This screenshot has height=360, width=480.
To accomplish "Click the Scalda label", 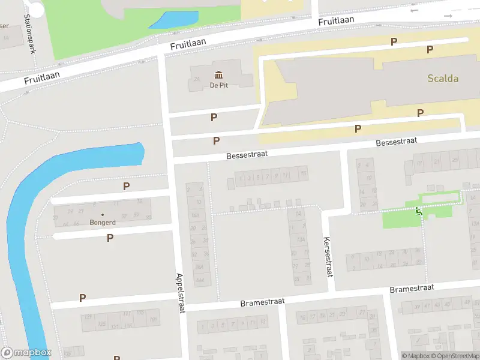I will [x=443, y=79].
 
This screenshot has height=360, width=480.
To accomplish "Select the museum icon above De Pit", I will [x=218, y=74].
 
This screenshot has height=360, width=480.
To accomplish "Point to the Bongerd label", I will [x=102, y=223].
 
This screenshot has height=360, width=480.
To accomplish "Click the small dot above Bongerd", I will [x=102, y=214].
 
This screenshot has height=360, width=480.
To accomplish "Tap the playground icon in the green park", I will [x=418, y=211].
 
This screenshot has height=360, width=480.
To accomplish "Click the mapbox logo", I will [x=26, y=353].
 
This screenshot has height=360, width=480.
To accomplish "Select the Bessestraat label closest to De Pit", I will [x=247, y=154].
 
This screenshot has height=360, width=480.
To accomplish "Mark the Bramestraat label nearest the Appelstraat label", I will [x=262, y=301].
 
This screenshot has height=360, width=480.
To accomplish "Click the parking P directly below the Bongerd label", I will [x=110, y=238].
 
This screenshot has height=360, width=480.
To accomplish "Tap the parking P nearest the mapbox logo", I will [x=82, y=298].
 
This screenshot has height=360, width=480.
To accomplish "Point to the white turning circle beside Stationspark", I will [x=36, y=8].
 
